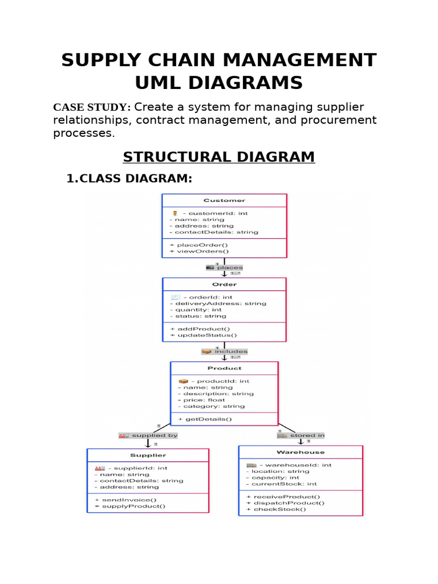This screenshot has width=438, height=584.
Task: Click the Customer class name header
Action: pos(224,200)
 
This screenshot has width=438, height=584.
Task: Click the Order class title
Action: pos(224,284)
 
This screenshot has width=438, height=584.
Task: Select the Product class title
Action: pos(224,368)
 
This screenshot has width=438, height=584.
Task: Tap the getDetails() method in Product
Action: pos(205,419)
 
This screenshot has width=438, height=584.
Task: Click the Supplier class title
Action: pos(148,455)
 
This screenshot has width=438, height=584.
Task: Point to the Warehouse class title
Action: pos(301,452)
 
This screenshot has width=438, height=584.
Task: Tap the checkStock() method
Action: pos(279,509)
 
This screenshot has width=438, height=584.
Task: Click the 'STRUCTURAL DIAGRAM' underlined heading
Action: pos(219,157)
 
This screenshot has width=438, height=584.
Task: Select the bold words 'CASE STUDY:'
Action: pos(92,108)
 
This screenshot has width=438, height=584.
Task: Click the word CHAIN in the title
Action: pos(182,60)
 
